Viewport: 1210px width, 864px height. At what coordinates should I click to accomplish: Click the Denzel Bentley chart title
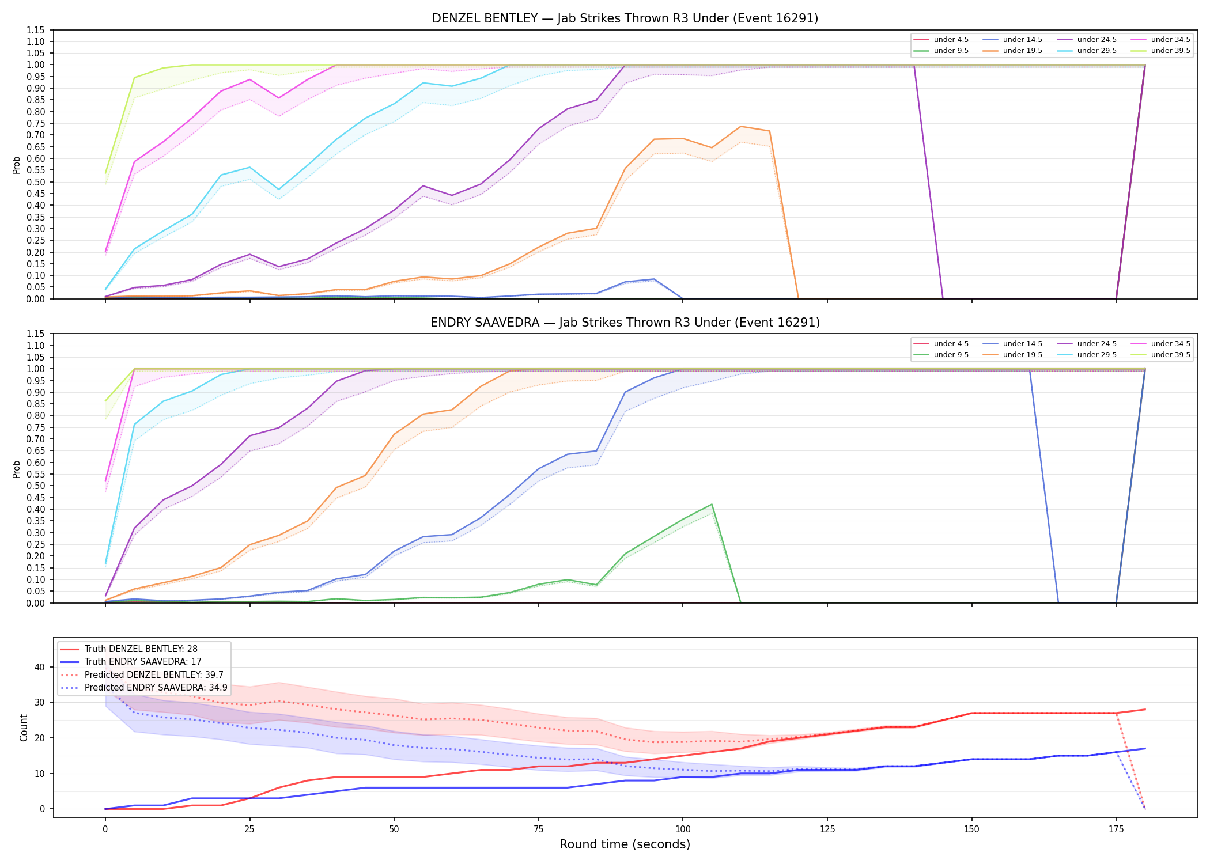pyautogui.click(x=625, y=18)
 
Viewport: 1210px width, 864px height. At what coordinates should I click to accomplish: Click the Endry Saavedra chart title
pyautogui.click(x=625, y=323)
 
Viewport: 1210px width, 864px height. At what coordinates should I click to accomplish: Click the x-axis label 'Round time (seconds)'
pyautogui.click(x=625, y=844)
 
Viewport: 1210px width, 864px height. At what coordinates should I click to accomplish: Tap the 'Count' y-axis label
pyautogui.click(x=24, y=727)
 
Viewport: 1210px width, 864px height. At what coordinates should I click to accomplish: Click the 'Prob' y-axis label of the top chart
pyautogui.click(x=17, y=165)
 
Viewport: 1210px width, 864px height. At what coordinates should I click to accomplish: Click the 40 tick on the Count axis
pyautogui.click(x=40, y=668)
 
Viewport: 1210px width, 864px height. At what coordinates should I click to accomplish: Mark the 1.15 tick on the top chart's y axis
pyautogui.click(x=36, y=30)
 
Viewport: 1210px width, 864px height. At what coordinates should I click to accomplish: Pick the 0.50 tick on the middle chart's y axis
pyautogui.click(x=36, y=486)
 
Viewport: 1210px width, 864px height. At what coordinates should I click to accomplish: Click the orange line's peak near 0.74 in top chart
pyautogui.click(x=740, y=126)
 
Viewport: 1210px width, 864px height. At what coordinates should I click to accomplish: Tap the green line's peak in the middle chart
pyautogui.click(x=712, y=505)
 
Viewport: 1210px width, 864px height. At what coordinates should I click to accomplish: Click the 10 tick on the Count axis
pyautogui.click(x=40, y=774)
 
